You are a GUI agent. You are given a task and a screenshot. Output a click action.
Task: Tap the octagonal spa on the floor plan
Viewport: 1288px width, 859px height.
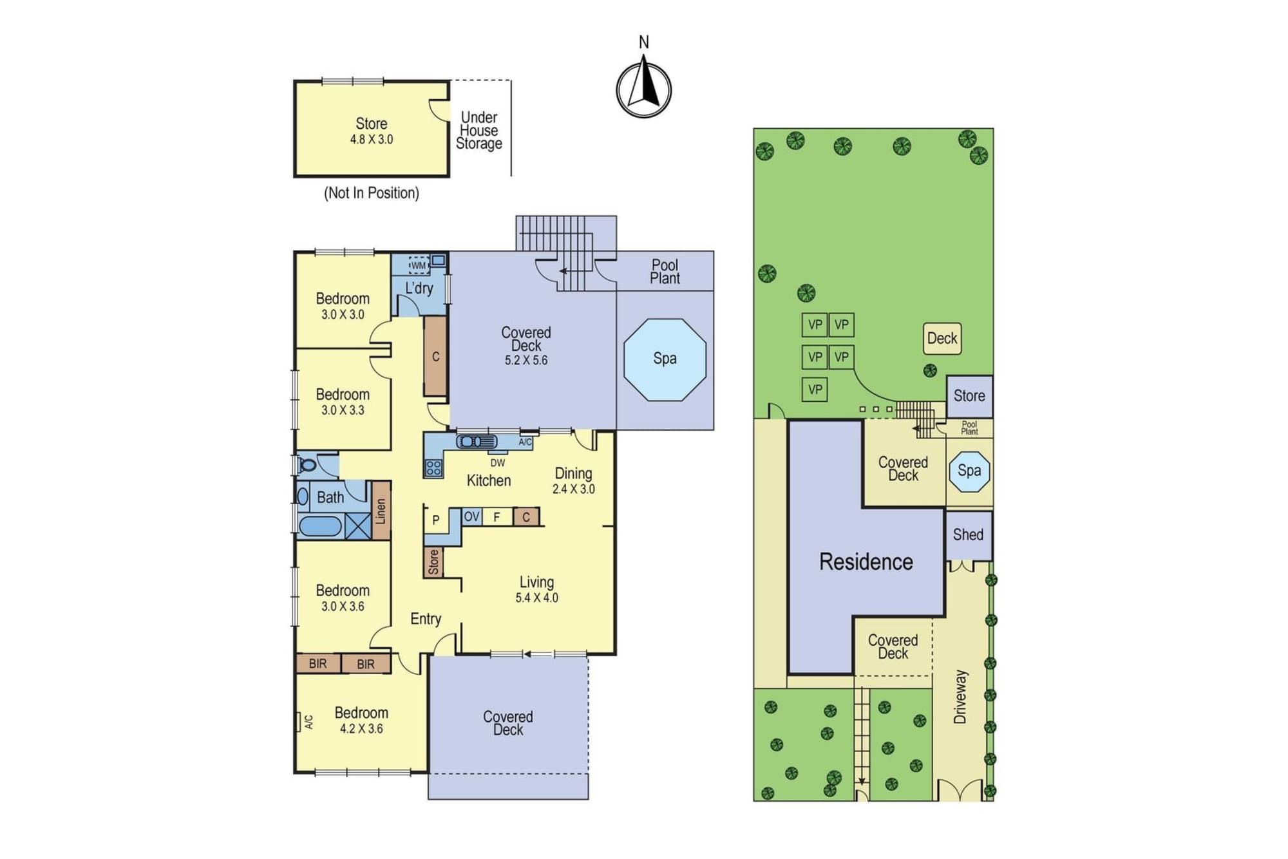[665, 359]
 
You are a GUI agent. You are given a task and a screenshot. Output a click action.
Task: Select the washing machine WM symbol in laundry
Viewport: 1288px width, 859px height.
[419, 265]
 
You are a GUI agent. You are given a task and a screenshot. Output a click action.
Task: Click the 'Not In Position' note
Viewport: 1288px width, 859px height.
[372, 193]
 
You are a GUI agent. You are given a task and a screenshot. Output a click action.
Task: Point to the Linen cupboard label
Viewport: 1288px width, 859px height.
[381, 511]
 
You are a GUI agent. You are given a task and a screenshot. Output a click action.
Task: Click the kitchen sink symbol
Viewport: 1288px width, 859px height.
[477, 441]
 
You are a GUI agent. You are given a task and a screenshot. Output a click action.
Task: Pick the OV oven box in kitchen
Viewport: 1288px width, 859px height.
[472, 516]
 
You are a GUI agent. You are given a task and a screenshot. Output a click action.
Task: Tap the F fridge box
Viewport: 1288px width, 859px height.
[497, 516]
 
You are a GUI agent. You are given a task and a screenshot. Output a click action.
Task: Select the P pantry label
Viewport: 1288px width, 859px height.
[436, 520]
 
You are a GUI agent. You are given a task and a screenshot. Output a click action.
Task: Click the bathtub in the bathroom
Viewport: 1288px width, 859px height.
[320, 526]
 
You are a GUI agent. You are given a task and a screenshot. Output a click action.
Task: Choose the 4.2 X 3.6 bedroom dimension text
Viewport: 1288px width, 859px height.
[361, 729]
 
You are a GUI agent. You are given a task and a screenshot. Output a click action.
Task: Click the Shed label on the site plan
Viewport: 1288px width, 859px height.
[968, 534]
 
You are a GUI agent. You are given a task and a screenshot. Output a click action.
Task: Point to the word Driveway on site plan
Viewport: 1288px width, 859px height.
[960, 697]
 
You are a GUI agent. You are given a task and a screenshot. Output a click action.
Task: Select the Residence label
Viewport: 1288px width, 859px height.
[866, 562]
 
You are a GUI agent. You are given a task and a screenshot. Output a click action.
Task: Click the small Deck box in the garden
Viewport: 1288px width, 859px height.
[942, 339]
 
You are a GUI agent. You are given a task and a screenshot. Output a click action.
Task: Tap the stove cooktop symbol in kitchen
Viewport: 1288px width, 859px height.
[433, 468]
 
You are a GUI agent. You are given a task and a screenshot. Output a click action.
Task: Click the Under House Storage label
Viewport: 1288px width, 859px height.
[479, 131]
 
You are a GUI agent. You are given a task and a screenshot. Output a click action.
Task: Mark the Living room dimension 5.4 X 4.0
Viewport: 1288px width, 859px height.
[536, 598]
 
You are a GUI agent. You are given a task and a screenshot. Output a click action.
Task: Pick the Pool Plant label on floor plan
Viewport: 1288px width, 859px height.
[665, 272]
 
